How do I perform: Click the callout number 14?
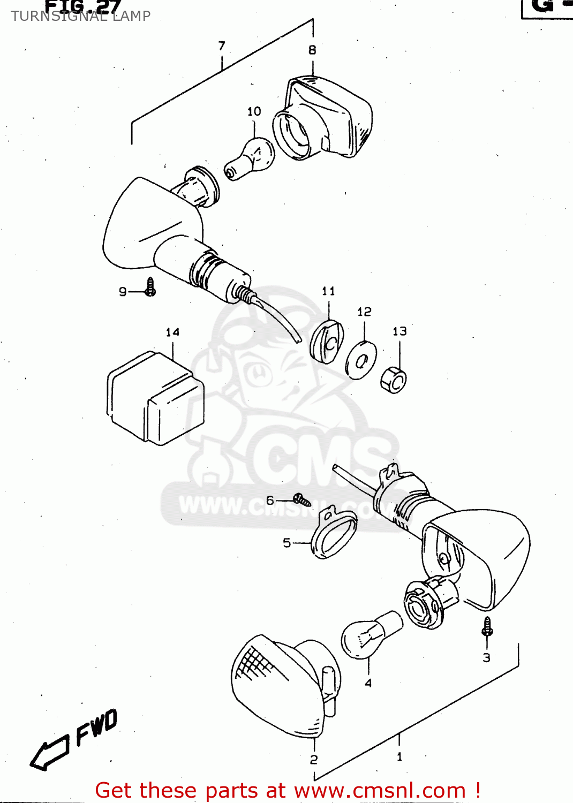click(172, 332)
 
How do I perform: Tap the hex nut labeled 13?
click(394, 380)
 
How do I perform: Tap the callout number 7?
click(222, 46)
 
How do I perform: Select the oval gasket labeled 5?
click(334, 534)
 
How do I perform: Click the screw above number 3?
click(487, 627)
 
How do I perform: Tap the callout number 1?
click(399, 757)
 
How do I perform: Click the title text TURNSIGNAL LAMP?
click(81, 16)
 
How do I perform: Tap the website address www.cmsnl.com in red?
click(380, 790)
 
